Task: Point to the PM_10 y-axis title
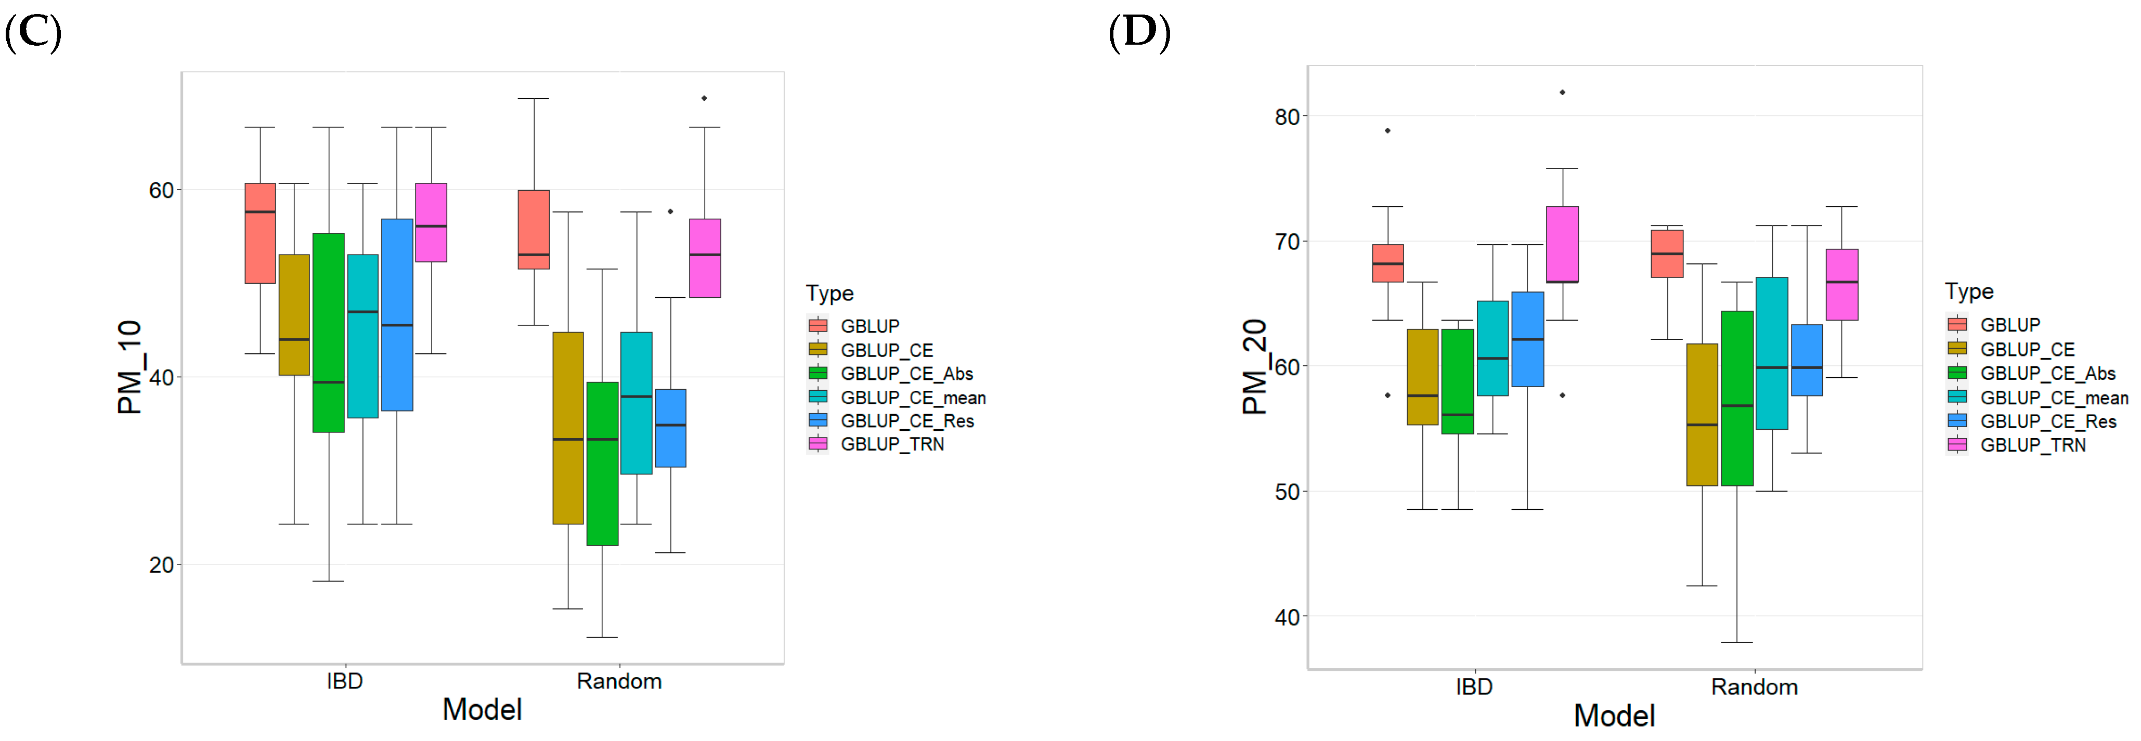click(x=131, y=367)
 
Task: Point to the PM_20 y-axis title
click(x=1254, y=367)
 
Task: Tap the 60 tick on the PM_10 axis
click(x=161, y=190)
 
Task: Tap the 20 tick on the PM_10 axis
click(x=161, y=565)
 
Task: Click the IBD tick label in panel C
click(x=344, y=681)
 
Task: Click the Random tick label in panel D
click(x=1754, y=687)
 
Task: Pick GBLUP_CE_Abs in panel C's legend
click(x=906, y=374)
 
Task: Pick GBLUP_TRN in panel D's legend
click(x=2032, y=445)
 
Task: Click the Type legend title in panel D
click(x=1969, y=292)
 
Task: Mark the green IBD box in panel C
click(x=328, y=332)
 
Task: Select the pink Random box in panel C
click(x=705, y=258)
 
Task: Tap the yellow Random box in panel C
click(x=568, y=428)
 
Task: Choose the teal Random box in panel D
click(x=1772, y=353)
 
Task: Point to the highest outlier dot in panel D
click(x=1563, y=92)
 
